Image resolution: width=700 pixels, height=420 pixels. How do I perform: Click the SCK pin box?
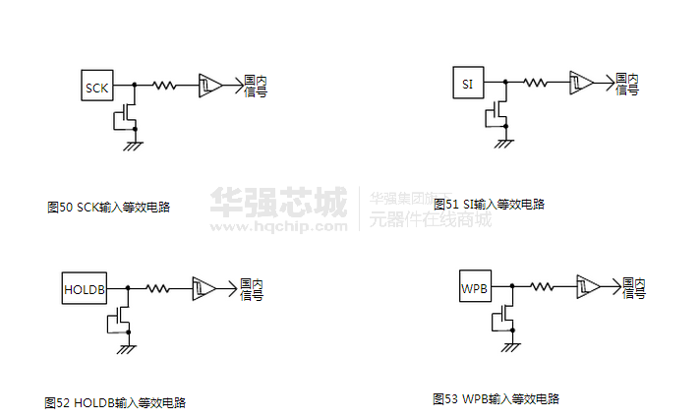[96, 87]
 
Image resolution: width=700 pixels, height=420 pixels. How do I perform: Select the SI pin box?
[467, 83]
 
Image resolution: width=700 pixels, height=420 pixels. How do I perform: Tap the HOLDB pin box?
[83, 288]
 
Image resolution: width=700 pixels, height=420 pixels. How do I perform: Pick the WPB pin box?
[474, 288]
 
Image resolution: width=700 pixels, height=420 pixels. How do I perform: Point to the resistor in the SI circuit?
[537, 82]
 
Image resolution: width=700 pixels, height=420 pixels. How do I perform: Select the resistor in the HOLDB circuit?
[157, 288]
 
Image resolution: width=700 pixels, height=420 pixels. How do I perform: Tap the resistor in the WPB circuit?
[543, 286]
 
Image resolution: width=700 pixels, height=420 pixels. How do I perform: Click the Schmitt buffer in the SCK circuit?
[210, 86]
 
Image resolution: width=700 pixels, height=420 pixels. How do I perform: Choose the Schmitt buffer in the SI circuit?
[582, 82]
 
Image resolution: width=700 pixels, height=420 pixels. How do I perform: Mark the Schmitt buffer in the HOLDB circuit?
[204, 288]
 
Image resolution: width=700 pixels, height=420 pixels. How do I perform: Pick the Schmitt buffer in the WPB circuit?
[588, 286]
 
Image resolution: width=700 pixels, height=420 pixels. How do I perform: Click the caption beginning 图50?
[108, 208]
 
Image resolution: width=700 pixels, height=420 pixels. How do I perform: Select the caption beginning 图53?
[496, 399]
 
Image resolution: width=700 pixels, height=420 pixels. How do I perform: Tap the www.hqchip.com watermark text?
[278, 225]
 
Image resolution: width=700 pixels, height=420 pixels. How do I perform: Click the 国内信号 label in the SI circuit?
[627, 84]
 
